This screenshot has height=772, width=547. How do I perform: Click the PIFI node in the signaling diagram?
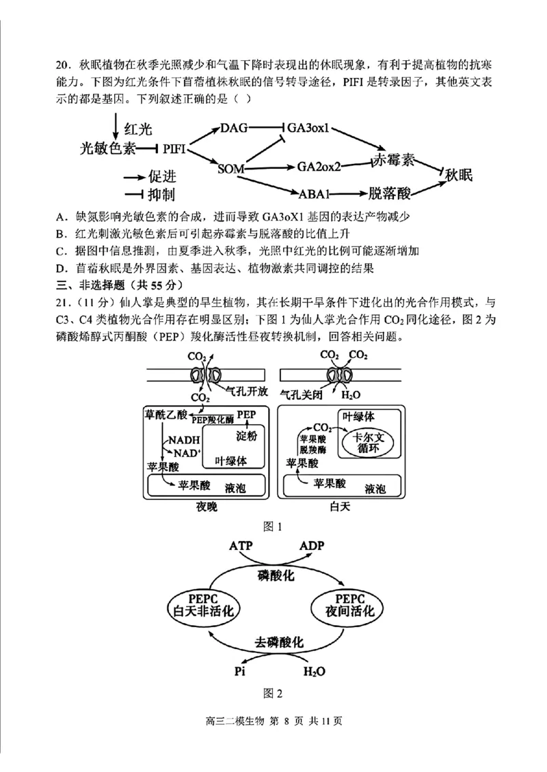pos(175,148)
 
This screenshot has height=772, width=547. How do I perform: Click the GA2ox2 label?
pos(319,166)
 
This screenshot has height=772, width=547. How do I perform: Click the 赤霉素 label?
pos(393,161)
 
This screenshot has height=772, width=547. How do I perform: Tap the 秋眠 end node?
pos(459,175)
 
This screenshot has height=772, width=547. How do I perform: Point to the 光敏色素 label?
pos(107,148)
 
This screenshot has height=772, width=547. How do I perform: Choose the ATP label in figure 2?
pos(241,546)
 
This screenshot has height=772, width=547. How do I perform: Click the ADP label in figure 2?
pos(312,546)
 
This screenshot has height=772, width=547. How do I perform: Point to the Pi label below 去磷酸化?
pos(239,671)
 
